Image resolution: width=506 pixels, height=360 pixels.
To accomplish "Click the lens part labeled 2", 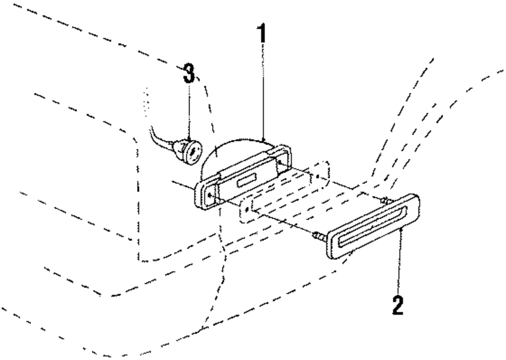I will [374, 228].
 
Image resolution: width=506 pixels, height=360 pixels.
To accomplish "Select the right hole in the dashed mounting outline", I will [316, 177].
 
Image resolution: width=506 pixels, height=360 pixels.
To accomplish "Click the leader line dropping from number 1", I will [263, 91].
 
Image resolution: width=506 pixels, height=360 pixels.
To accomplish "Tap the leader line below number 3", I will [189, 109].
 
